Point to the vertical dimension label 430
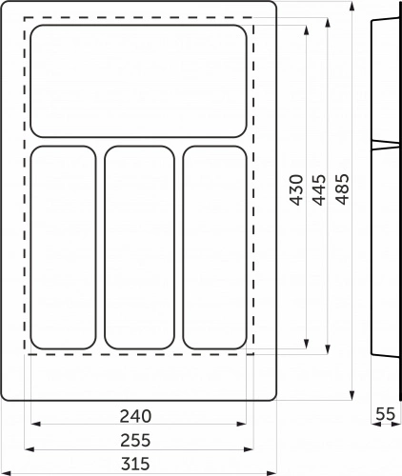click(x=295, y=189)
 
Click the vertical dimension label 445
click(x=319, y=189)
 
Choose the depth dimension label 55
click(x=385, y=414)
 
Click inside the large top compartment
click(x=139, y=81)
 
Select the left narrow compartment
click(x=65, y=248)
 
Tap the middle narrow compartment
click(x=139, y=248)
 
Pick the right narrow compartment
click(x=214, y=248)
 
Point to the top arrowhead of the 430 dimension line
click(x=307, y=29)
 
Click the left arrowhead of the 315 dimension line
click(x=4, y=473)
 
